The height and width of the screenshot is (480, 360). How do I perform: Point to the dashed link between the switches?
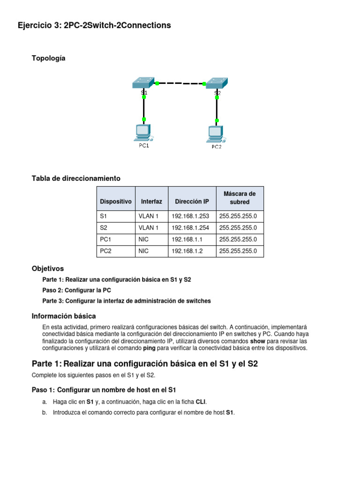180,83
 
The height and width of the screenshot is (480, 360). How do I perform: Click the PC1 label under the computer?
143,146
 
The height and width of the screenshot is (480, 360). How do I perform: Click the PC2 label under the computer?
216,147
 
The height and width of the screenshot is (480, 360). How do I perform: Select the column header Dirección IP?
192,202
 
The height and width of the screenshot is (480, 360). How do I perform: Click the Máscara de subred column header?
240,198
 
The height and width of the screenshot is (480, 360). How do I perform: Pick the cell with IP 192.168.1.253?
191,216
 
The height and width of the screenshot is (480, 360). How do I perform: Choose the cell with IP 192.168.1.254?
191,228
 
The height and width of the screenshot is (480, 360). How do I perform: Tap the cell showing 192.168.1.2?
191,251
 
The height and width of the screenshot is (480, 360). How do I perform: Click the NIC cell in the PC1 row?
151,240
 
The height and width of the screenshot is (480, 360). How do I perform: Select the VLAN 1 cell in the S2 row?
151,228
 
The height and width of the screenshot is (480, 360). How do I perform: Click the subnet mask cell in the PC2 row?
240,251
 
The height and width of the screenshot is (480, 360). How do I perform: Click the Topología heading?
49,58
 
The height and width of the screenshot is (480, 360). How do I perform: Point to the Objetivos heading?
48,269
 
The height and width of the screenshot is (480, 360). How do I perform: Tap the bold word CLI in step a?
201,402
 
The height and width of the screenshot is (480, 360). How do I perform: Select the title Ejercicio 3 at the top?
94,25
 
